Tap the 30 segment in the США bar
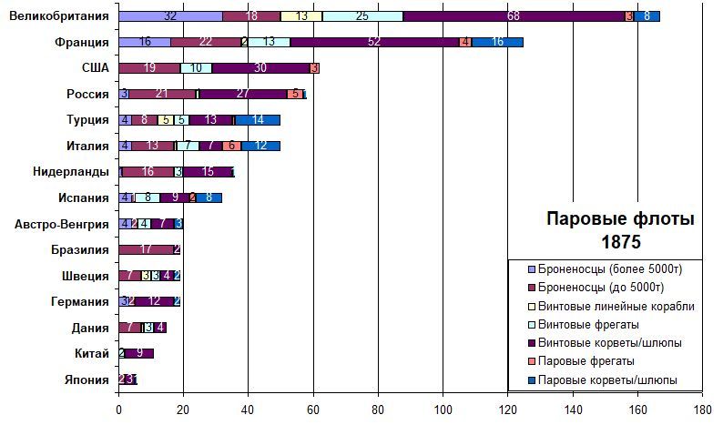pyautogui.click(x=260, y=68)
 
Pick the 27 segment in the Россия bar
pyautogui.click(x=242, y=94)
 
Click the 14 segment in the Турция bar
pyautogui.click(x=258, y=119)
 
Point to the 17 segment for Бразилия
pyautogui.click(x=146, y=249)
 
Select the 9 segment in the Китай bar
pyautogui.click(x=139, y=353)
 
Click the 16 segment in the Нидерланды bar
pyautogui.click(x=148, y=171)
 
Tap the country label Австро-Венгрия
pyautogui.click(x=62, y=224)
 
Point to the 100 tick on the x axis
pyautogui.click(x=443, y=410)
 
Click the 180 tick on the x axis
pyautogui.click(x=702, y=410)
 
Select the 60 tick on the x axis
pyautogui.click(x=313, y=410)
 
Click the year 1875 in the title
pyautogui.click(x=620, y=243)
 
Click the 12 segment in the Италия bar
pyautogui.click(x=261, y=146)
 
